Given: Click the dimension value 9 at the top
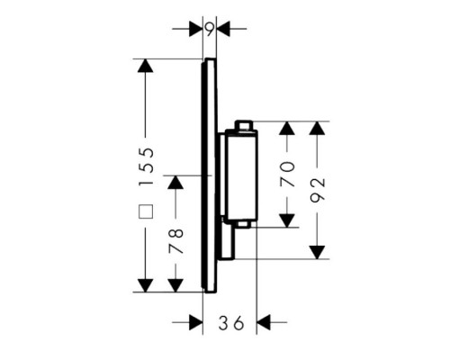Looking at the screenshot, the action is [x=210, y=30].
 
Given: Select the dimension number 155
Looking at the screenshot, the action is [x=147, y=166].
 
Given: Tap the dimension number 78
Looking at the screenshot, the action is [x=175, y=241].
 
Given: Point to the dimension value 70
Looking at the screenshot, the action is [x=287, y=175].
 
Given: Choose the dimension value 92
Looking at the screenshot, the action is [x=318, y=190].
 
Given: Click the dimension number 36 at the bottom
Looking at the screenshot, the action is [x=231, y=323].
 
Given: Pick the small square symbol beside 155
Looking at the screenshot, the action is [x=146, y=211].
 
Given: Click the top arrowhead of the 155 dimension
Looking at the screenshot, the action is [x=146, y=66].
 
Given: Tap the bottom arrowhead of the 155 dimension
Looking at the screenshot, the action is [x=146, y=285].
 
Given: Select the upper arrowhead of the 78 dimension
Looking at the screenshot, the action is [x=175, y=182].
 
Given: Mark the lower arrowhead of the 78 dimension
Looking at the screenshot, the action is [x=175, y=285].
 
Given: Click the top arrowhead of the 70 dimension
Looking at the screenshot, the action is [x=287, y=128].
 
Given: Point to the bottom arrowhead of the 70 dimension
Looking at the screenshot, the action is [x=287, y=220].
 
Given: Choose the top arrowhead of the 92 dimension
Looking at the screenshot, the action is [x=318, y=128].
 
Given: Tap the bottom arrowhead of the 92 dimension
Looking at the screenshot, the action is [x=318, y=252].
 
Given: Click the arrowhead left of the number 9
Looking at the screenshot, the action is [x=196, y=29].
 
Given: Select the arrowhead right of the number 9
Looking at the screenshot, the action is [x=223, y=29].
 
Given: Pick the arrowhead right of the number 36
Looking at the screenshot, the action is [x=264, y=322].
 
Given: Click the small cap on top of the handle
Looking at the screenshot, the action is [x=244, y=125].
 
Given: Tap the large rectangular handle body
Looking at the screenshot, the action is [x=241, y=175].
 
